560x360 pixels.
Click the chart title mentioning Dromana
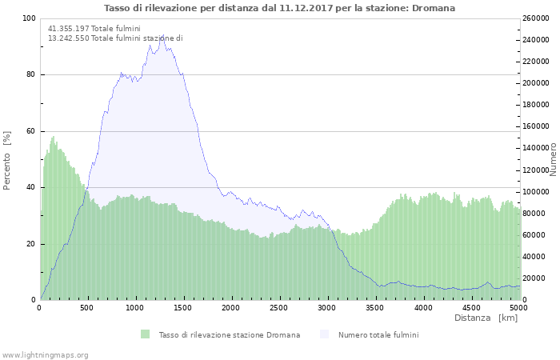[x=279, y=8]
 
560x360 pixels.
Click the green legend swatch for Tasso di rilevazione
[x=145, y=334]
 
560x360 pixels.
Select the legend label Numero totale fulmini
[x=378, y=334]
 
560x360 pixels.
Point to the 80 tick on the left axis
[x=30, y=75]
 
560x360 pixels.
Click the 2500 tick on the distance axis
[x=279, y=308]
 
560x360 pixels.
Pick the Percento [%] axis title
[x=8, y=159]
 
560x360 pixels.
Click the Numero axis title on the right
[x=553, y=159]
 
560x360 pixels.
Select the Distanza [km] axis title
[x=486, y=318]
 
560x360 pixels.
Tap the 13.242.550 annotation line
[x=115, y=38]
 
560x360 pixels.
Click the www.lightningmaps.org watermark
[x=45, y=354]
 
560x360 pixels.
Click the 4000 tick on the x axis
[x=423, y=308]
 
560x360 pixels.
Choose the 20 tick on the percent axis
[x=30, y=244]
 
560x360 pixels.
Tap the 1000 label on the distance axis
[x=135, y=308]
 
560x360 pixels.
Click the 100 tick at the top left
[x=28, y=18]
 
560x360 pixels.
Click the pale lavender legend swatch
[x=324, y=334]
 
